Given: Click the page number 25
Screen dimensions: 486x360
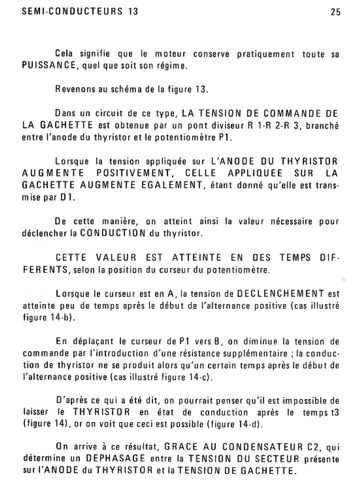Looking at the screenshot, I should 336,12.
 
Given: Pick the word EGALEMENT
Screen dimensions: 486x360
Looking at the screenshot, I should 172,185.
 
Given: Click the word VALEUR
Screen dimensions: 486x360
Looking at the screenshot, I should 116,258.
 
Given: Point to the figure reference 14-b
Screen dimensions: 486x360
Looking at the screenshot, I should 58,317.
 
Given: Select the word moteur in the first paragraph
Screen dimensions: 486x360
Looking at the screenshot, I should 170,54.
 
